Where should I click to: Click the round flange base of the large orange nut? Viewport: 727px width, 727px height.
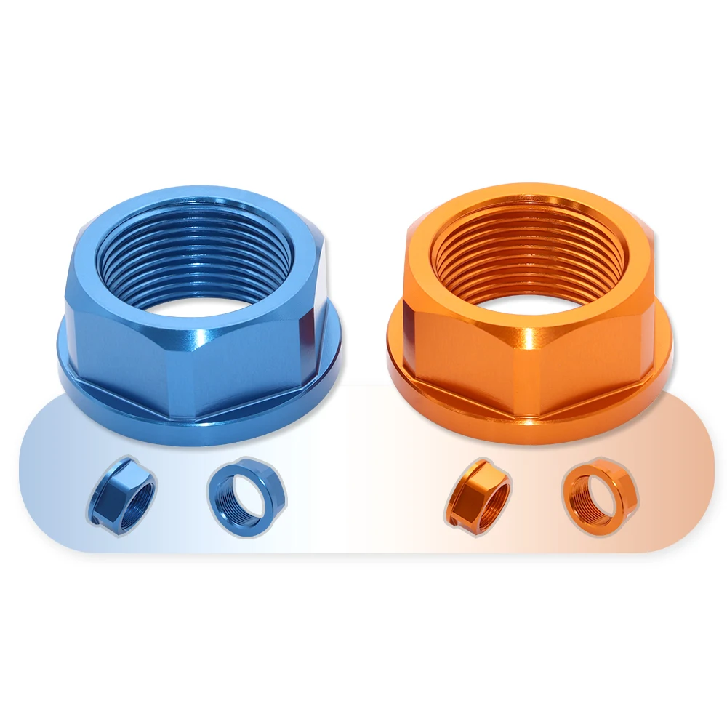[531, 429]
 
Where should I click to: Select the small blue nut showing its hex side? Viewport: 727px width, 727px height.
[122, 495]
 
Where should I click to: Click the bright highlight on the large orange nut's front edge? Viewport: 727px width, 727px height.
[529, 342]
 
